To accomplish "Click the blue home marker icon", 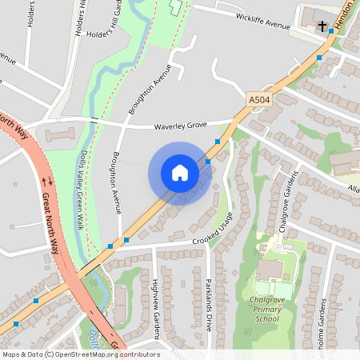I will click(x=180, y=173).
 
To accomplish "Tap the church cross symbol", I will click(x=322, y=26).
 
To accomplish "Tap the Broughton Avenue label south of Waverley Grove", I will click(x=117, y=182).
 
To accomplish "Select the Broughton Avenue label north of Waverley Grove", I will click(x=150, y=90).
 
